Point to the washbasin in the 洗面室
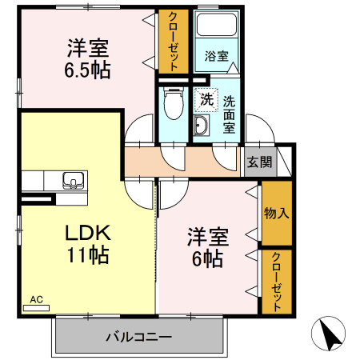point(200,126)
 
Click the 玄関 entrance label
point(259,162)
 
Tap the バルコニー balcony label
point(138,337)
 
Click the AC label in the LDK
point(36,300)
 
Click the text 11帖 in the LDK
point(87,255)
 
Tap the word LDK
point(87,233)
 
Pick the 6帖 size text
point(208,258)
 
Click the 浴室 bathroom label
point(217,57)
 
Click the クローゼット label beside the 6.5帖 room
point(172,42)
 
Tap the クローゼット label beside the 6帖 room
point(277,282)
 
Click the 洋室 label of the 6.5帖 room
point(87,47)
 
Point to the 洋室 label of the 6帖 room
point(208,238)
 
